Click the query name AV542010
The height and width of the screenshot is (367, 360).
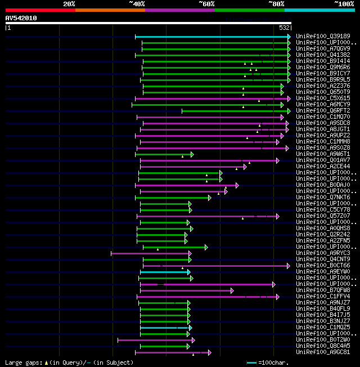click(21, 18)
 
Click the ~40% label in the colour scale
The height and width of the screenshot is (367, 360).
click(137, 4)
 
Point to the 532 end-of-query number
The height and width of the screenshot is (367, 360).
click(285, 28)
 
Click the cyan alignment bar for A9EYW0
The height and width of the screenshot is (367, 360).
click(164, 272)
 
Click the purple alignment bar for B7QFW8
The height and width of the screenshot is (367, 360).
click(186, 290)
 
